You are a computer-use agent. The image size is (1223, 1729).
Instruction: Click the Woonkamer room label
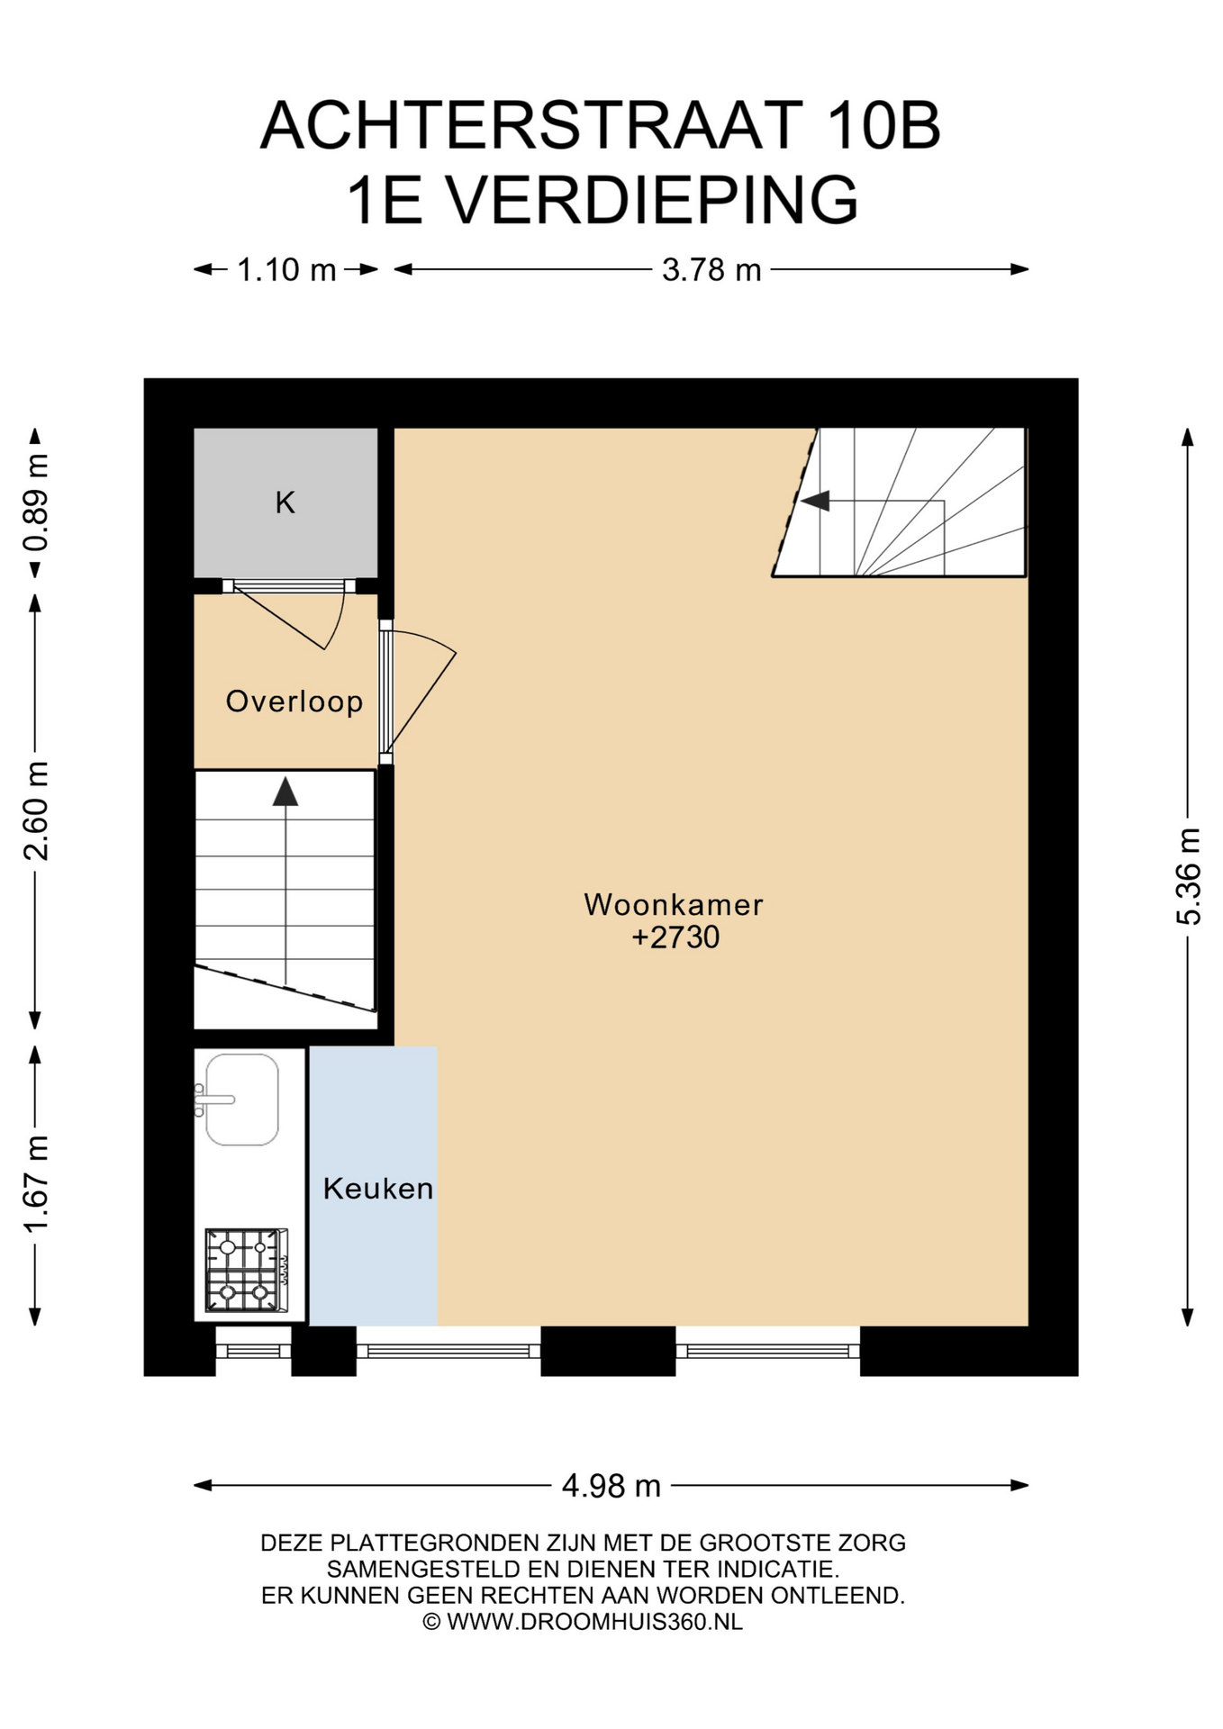click(673, 905)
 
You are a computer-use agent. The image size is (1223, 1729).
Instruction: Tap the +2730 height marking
click(675, 937)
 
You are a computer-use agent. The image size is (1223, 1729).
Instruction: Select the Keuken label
click(378, 1189)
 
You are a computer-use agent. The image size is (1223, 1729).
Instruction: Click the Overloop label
click(294, 702)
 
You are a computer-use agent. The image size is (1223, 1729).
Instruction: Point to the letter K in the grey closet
click(285, 502)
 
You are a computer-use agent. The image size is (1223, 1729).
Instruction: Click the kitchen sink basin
click(241, 1100)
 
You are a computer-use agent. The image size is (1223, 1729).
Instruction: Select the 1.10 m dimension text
click(286, 269)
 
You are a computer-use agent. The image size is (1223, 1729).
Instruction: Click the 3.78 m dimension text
click(711, 269)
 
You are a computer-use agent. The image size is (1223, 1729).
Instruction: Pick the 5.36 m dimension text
click(1189, 876)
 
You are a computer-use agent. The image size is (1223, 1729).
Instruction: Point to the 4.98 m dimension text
click(611, 1485)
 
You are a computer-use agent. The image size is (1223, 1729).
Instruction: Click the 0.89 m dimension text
click(36, 502)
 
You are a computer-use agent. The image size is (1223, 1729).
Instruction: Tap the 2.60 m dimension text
click(36, 810)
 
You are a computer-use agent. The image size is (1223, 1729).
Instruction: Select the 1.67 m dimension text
click(36, 1184)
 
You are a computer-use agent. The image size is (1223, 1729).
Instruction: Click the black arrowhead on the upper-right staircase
click(815, 501)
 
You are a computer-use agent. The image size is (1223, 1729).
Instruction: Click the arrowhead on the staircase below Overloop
click(285, 792)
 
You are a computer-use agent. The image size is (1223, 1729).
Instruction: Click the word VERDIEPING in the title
click(653, 200)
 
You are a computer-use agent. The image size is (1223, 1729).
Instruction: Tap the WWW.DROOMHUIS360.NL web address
click(594, 1622)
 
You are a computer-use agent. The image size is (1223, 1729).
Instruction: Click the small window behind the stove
click(253, 1351)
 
